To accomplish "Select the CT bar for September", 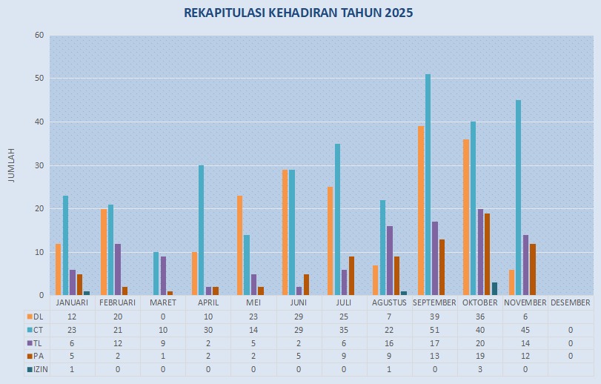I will click(x=428, y=185).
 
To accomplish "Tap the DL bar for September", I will click(x=421, y=211).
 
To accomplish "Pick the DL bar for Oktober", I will click(x=466, y=217).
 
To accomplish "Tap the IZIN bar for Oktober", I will click(x=494, y=288).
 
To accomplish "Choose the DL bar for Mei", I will click(x=239, y=245).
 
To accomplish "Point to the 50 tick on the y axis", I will click(x=39, y=79).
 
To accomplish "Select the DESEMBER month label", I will click(x=571, y=302).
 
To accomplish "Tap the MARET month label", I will click(x=163, y=302).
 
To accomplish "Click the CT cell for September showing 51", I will click(x=434, y=329).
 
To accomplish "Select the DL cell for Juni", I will click(x=299, y=316).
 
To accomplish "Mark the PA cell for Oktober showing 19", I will click(x=479, y=356).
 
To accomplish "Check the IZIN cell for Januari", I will click(x=73, y=369).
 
